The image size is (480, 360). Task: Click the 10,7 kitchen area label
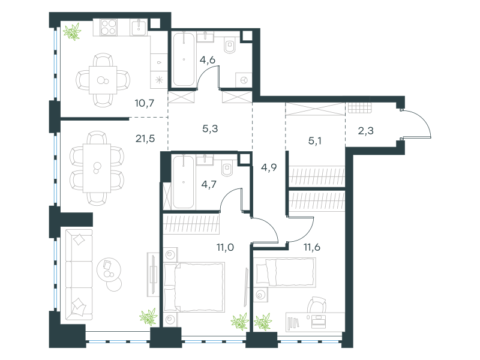[x=144, y=103]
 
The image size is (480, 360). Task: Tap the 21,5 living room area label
[x=145, y=139]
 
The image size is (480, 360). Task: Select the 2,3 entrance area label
[x=366, y=131]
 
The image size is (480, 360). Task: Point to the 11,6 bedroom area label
[x=311, y=247]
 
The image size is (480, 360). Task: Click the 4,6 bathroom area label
[x=208, y=59]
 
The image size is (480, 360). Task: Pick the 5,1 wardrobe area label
[x=314, y=141]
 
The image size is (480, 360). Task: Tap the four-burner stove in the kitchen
[x=109, y=27]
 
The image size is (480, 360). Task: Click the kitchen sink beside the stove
[x=140, y=28]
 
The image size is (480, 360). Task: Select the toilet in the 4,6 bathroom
[x=230, y=46]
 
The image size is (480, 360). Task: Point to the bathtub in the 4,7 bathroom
[x=184, y=182]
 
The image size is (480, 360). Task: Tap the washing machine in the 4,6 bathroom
[x=244, y=80]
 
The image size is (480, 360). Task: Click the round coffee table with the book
[x=109, y=269]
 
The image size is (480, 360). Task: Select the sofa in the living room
[x=79, y=275]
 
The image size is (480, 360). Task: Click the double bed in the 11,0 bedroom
[x=194, y=287]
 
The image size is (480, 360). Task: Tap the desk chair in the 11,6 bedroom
[x=317, y=305]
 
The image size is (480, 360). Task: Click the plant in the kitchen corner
[x=72, y=32]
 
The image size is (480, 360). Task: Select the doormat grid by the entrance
[x=360, y=108]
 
